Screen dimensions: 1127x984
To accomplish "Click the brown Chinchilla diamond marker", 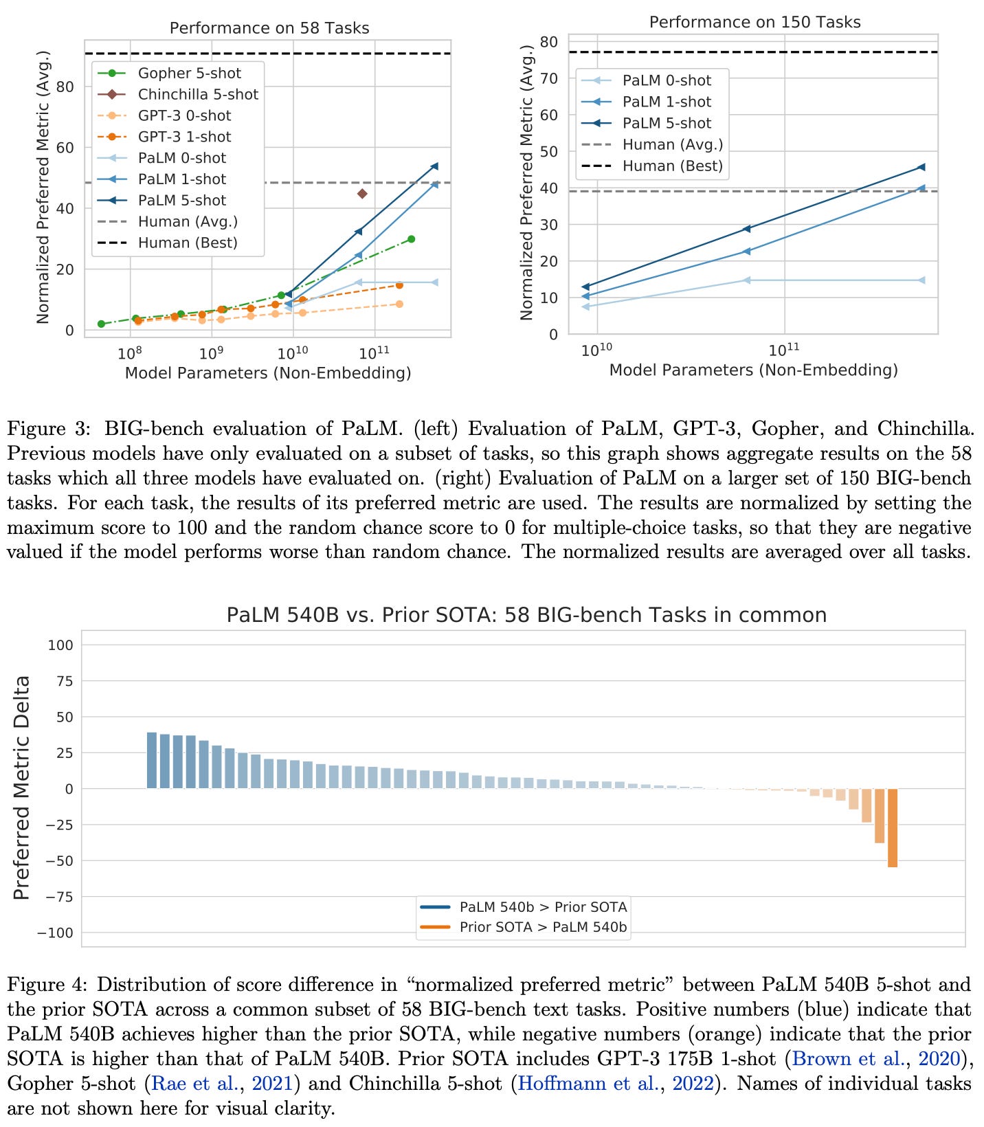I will (x=362, y=194).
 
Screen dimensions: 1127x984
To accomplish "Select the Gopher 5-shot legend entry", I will (x=189, y=74).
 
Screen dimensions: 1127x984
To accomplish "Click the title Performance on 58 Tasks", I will (x=269, y=28).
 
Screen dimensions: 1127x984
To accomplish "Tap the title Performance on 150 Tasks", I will (x=754, y=23).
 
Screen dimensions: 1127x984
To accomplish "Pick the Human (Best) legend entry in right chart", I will (x=671, y=166).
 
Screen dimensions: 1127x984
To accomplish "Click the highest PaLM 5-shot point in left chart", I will (x=434, y=166).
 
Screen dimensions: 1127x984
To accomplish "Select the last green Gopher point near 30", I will (x=411, y=239).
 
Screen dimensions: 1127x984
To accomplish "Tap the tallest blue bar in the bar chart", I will (x=152, y=760).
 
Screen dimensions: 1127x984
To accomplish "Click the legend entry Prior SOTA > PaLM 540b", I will (x=542, y=927).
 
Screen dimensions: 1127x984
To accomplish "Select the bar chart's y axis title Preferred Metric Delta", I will (x=22, y=788).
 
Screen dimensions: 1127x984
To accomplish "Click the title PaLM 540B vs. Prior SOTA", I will (x=526, y=614).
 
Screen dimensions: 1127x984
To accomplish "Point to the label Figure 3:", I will (x=48, y=429).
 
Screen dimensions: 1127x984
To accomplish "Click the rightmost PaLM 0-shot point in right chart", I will (x=921, y=280).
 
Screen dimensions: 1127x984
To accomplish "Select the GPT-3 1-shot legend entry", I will (x=184, y=137).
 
